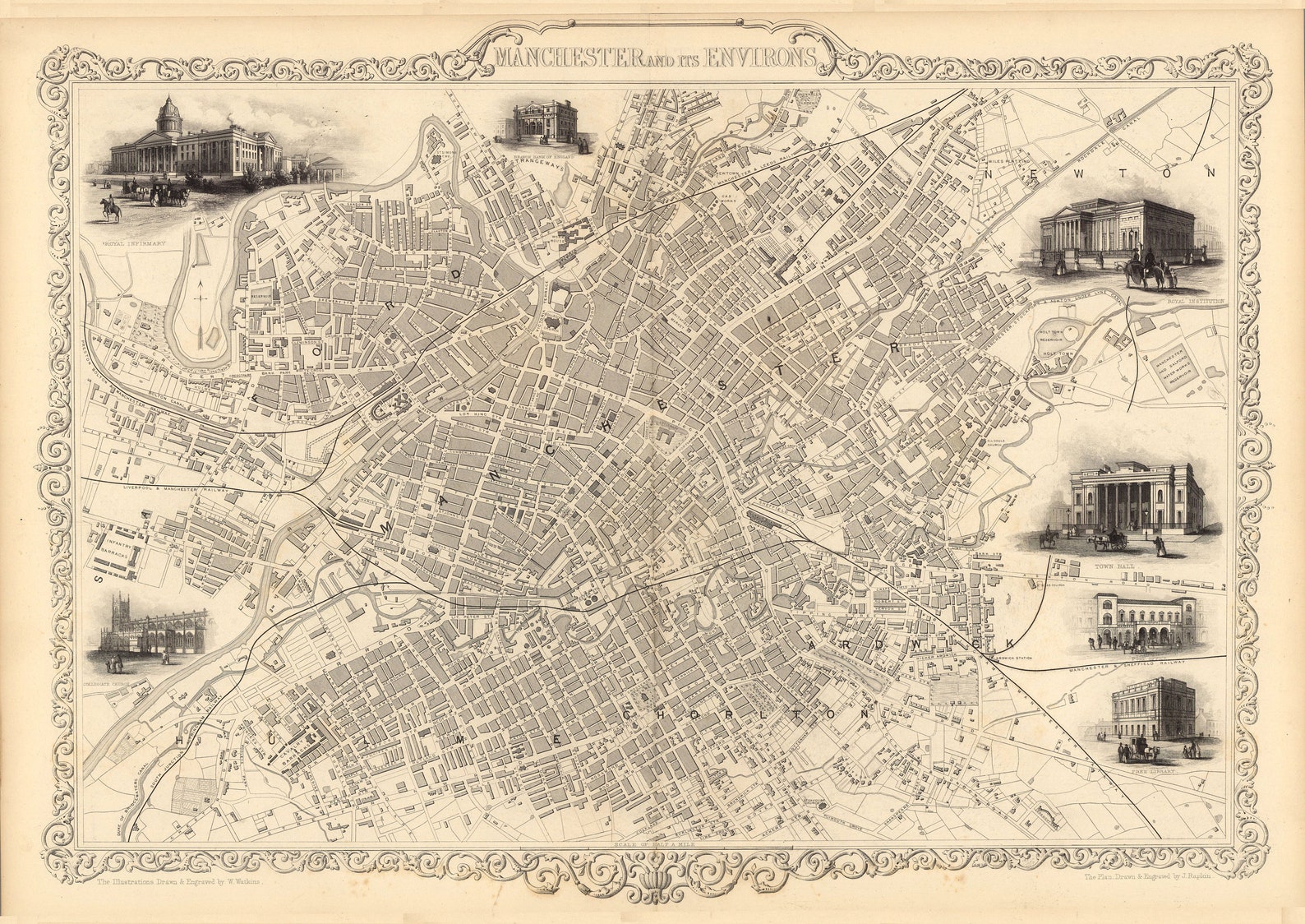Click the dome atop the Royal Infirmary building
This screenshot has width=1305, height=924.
[168, 113]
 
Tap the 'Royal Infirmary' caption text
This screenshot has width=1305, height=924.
[135, 244]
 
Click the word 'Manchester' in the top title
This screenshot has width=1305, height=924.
[569, 57]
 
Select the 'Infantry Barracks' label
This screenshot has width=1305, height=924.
[113, 549]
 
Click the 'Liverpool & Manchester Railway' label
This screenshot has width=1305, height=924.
[174, 487]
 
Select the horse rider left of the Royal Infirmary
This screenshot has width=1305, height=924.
[110, 209]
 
